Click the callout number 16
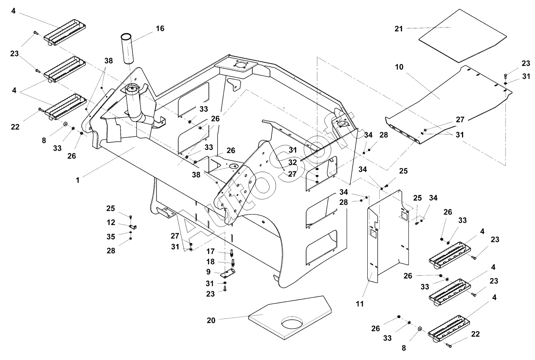pyautogui.click(x=160, y=28)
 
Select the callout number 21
pyautogui.click(x=398, y=28)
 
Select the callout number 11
pyautogui.click(x=360, y=304)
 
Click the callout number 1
pyautogui.click(x=78, y=180)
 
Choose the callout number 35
pyautogui.click(x=111, y=237)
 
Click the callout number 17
pyautogui.click(x=211, y=251)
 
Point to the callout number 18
pyautogui.click(x=211, y=262)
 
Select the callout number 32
pyautogui.click(x=293, y=162)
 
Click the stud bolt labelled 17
pyautogui.click(x=232, y=253)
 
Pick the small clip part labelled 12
pyautogui.click(x=135, y=227)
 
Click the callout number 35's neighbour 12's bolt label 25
pyautogui.click(x=111, y=208)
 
